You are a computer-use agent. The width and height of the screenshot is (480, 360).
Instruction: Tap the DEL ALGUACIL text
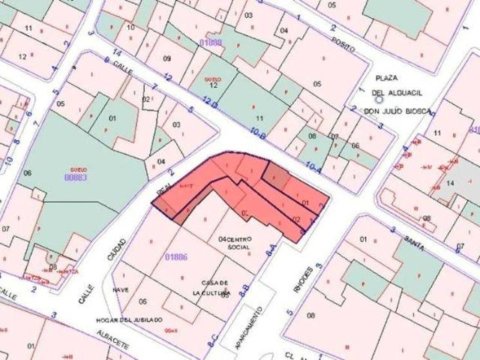pyautogui.click(x=397, y=92)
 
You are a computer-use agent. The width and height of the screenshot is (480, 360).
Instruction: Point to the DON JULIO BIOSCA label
pyautogui.click(x=397, y=111)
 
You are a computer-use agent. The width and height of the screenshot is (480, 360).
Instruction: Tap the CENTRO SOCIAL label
pyautogui.click(x=235, y=242)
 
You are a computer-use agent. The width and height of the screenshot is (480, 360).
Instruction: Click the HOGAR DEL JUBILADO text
pyautogui.click(x=129, y=319)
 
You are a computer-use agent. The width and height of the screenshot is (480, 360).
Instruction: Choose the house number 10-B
pyautogui.click(x=259, y=133)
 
